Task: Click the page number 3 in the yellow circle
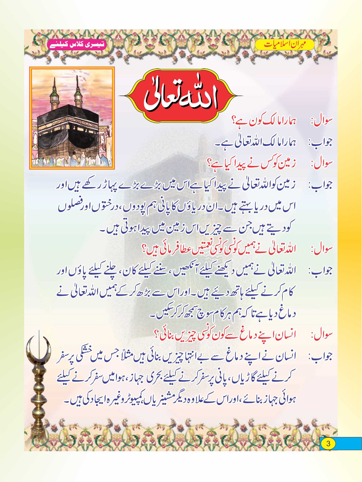(x=328, y=443)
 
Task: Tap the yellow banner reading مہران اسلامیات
(x=285, y=45)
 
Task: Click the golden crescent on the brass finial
(x=39, y=349)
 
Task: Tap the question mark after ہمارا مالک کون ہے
(x=233, y=121)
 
